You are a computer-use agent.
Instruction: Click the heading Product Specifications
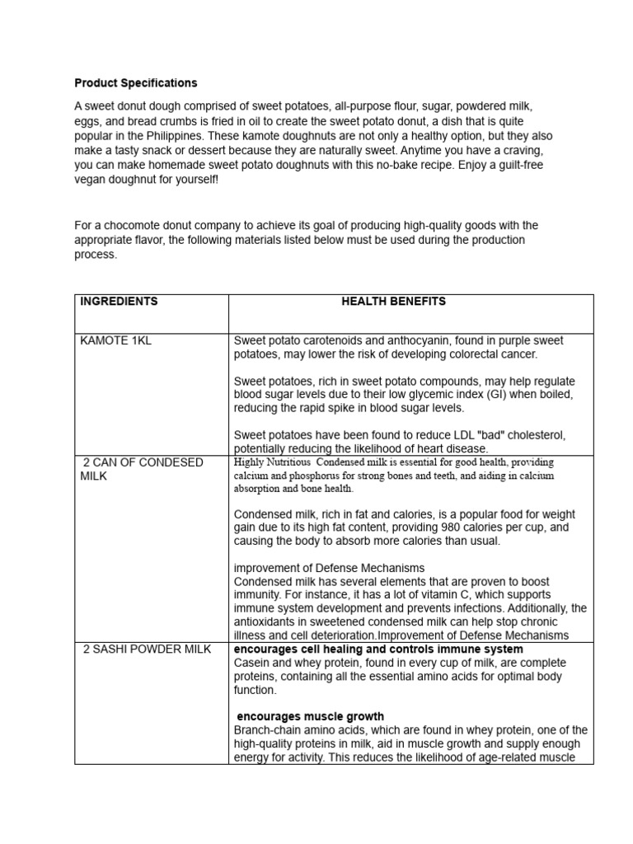[x=136, y=83]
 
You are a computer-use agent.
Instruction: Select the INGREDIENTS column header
[x=119, y=302]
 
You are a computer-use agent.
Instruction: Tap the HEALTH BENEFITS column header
[x=393, y=302]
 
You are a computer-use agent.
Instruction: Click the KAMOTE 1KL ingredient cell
[x=115, y=340]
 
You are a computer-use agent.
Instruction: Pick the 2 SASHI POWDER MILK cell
[x=147, y=649]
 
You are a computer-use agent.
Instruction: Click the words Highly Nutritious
[x=273, y=462]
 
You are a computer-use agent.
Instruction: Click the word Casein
[x=252, y=663]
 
